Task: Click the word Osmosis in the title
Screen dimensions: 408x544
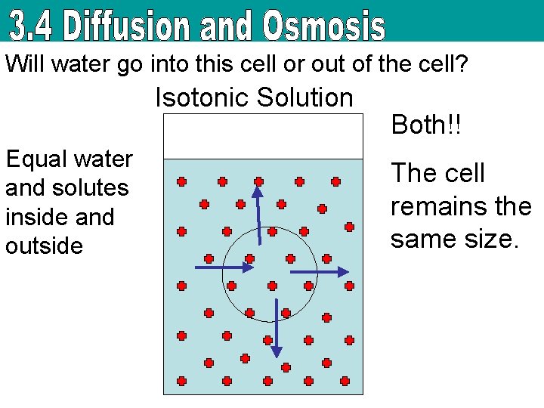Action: click(323, 26)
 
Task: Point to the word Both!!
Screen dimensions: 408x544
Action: click(425, 125)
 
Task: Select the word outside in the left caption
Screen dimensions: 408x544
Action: click(44, 246)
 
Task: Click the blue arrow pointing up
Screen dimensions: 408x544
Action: click(259, 215)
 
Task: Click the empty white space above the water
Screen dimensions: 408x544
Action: click(264, 136)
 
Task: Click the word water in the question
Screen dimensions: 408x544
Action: click(79, 64)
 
